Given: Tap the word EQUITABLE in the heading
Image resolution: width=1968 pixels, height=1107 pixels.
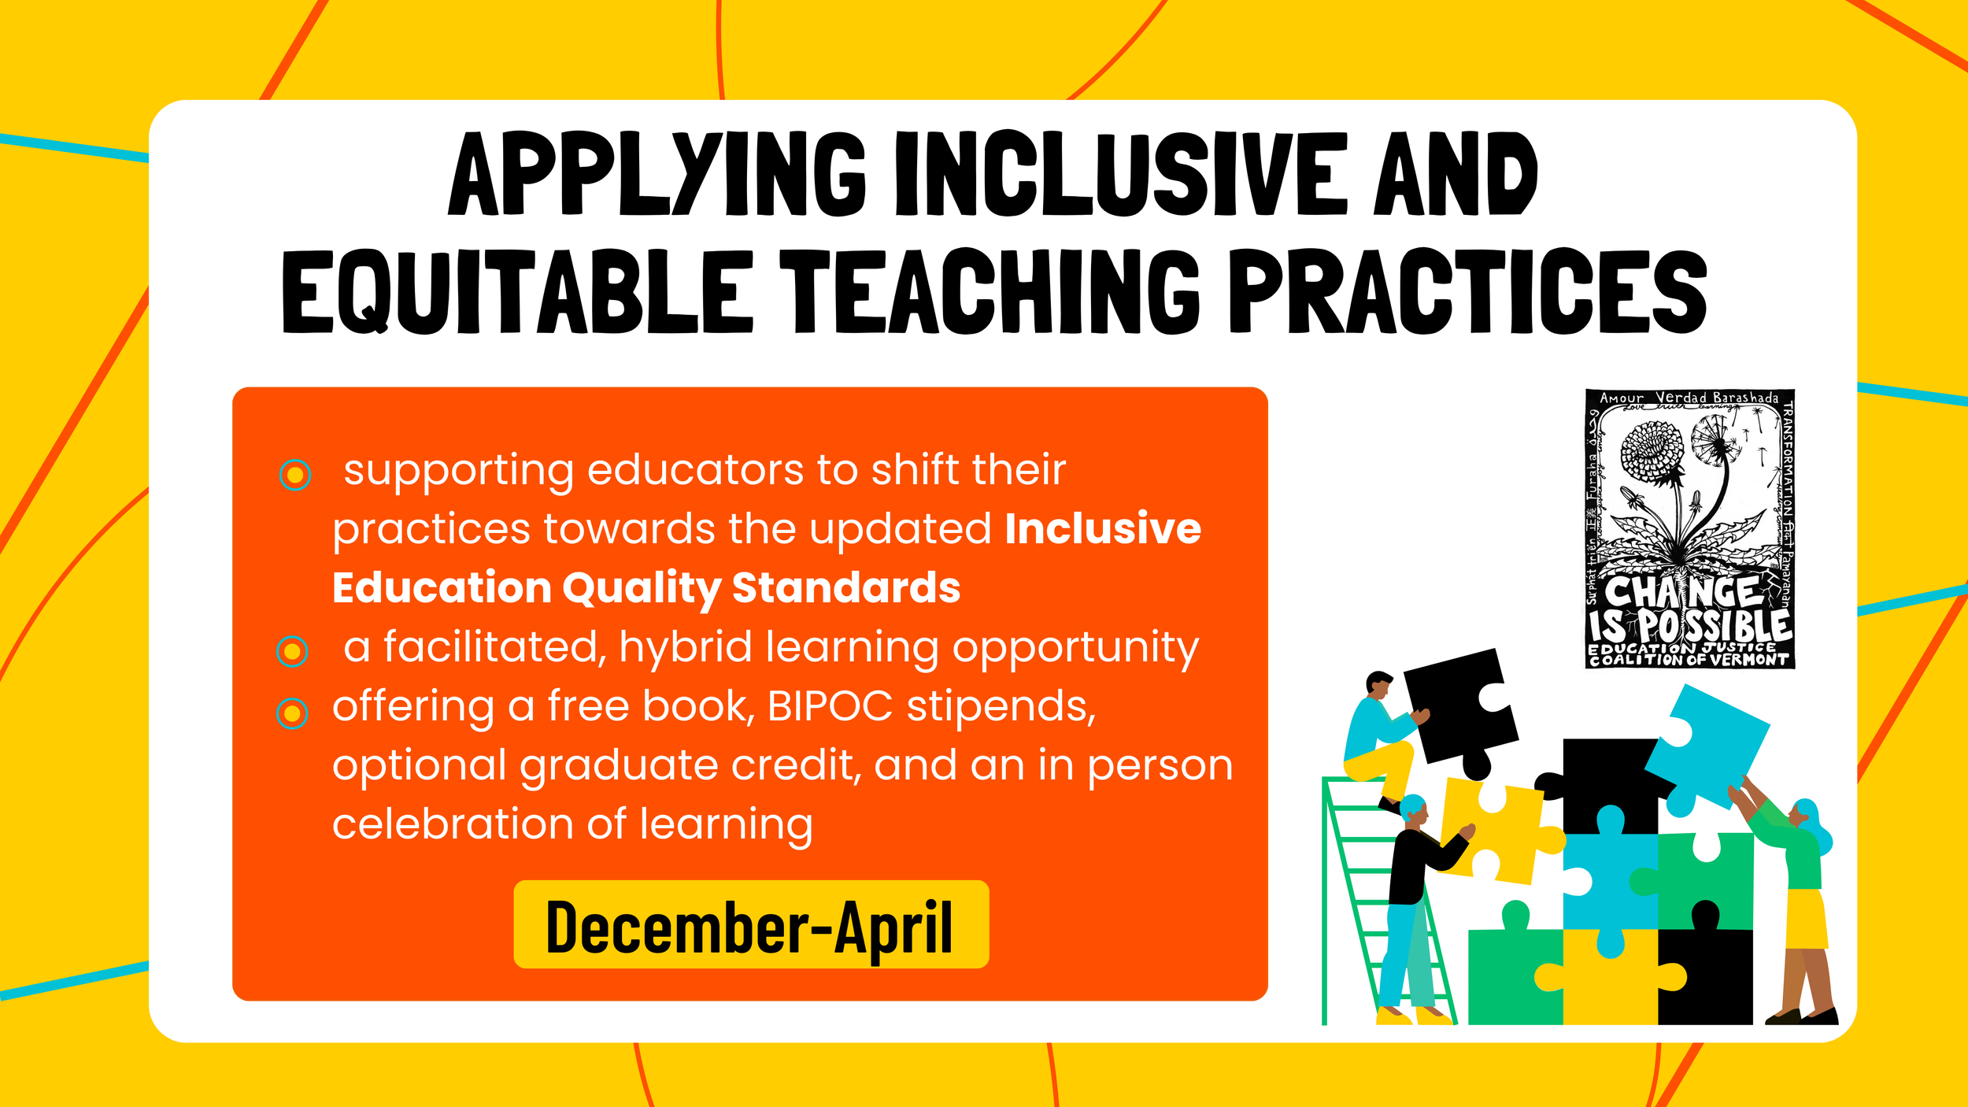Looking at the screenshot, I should click(517, 292).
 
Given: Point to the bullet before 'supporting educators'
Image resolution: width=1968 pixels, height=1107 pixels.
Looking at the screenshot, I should click(295, 475).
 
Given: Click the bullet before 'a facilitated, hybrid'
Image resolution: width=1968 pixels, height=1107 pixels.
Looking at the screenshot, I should click(293, 651).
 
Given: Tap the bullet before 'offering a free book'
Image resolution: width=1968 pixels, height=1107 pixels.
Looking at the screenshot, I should click(292, 713).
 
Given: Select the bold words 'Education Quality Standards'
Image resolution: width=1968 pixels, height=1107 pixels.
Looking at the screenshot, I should click(646, 588).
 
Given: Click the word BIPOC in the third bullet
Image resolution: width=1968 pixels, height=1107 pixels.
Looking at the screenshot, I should click(830, 706).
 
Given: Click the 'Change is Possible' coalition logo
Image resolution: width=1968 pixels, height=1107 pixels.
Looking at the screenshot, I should click(1689, 528).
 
